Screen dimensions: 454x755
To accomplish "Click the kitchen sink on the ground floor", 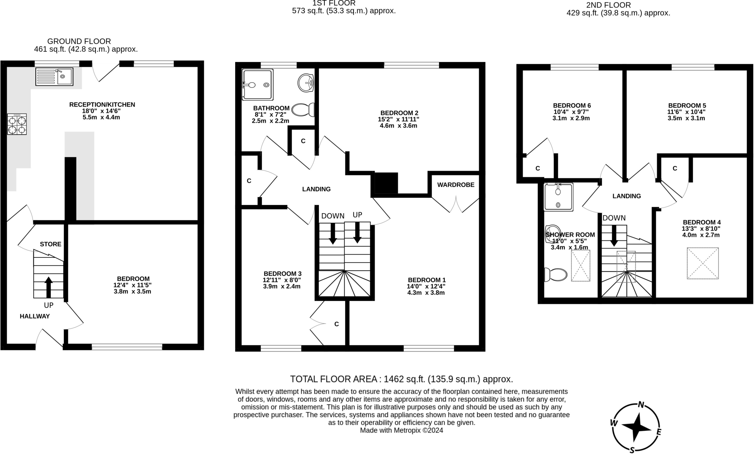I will pos(54,77).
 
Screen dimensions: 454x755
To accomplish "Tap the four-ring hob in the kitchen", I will pos(17,124).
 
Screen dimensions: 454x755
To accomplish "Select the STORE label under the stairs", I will pos(51,244).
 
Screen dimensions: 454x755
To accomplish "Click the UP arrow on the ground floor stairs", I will pos(48,287).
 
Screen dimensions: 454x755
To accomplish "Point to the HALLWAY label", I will pos(35,316).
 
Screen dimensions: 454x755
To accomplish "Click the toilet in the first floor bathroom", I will pos(303,110).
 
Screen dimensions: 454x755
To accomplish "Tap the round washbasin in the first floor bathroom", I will pos(305,83).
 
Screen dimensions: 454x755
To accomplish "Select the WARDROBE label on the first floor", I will pos(456,185).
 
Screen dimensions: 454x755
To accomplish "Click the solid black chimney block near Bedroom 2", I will pos(386,183).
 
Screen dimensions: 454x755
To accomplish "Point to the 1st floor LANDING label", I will pos(316,189).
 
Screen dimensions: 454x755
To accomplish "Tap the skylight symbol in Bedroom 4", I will pos(703,263).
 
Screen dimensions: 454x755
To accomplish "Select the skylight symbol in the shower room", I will pos(580,266).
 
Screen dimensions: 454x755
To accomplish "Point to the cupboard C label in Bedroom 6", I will pos(537,169).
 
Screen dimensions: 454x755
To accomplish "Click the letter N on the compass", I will pos(641,405).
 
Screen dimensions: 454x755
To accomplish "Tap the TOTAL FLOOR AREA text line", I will pos(401,379).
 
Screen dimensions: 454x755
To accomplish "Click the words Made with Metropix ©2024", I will pos(401,430).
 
